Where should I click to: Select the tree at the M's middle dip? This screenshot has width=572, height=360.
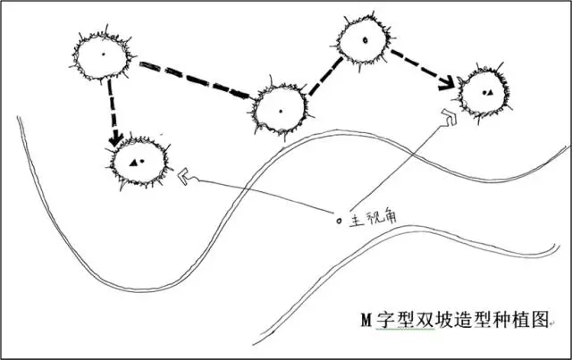click(279, 110)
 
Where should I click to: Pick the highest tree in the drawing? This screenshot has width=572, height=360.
click(364, 41)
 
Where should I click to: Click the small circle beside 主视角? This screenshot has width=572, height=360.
click(338, 219)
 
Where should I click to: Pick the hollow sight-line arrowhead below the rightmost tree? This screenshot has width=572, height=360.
click(449, 116)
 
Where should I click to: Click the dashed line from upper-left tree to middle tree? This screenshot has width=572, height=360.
click(192, 80)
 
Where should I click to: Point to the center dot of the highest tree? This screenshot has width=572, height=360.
click(364, 41)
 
